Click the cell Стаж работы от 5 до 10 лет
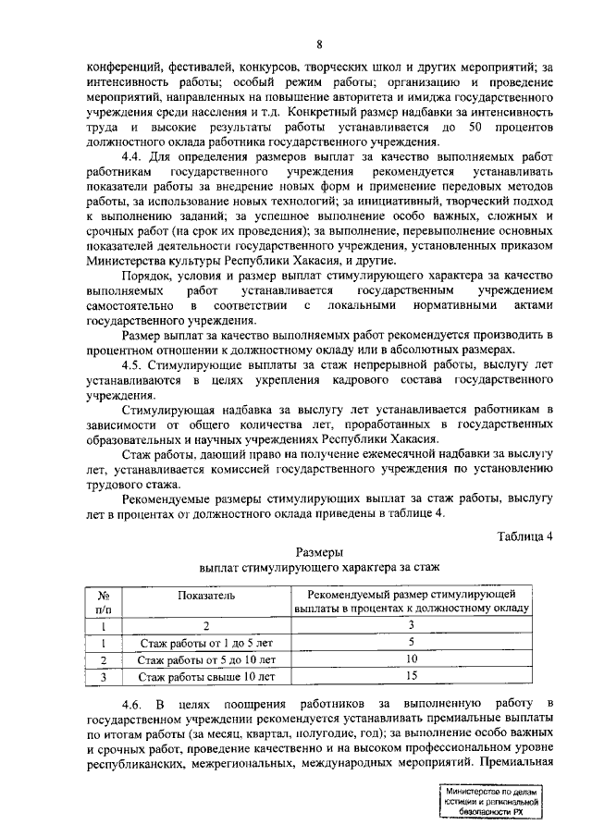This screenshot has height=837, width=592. click(x=207, y=659)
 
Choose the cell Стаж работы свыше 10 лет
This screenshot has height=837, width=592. click(x=207, y=677)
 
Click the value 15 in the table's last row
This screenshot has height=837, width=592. click(x=412, y=677)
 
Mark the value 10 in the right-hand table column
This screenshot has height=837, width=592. click(x=412, y=659)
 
